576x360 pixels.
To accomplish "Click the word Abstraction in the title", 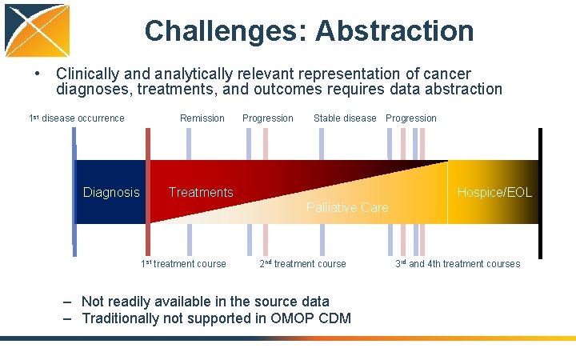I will point(394,31).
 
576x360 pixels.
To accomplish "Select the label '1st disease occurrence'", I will point(77,118).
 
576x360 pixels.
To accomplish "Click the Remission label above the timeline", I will point(202,118).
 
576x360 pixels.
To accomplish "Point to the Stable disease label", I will point(345,118).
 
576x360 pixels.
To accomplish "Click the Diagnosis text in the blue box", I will point(111,192).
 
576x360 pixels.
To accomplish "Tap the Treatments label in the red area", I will point(201,192).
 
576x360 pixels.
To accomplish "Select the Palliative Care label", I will point(347,208).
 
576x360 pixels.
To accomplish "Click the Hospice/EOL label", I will point(494,192).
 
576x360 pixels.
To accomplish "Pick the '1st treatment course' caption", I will point(183,264).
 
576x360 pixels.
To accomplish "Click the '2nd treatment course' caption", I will point(303,264).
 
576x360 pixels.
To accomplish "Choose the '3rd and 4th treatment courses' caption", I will point(458,264).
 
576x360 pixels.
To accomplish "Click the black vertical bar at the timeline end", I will point(540,192).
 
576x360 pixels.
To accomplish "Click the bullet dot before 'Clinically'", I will point(38,74).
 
